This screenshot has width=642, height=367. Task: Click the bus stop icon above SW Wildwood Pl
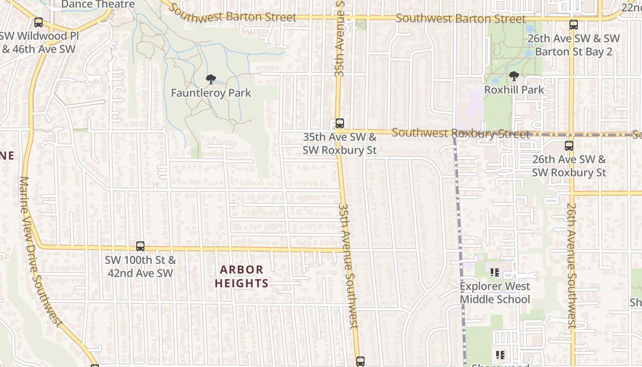click(39, 22)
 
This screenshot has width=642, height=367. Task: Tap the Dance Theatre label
click(98, 5)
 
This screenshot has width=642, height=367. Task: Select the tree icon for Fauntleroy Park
click(210, 80)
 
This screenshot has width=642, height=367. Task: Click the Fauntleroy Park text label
click(211, 93)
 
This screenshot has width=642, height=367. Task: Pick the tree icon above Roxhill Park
click(514, 77)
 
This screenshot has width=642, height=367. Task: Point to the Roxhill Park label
click(514, 90)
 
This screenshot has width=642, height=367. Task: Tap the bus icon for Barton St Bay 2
click(573, 25)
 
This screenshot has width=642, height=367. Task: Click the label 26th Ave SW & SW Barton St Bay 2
click(573, 45)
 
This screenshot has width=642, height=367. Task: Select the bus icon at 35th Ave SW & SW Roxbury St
click(339, 123)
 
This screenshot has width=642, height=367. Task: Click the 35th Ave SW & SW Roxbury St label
click(339, 144)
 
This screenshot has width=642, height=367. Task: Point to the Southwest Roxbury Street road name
click(461, 133)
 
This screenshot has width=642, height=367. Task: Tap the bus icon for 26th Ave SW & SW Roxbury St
click(569, 146)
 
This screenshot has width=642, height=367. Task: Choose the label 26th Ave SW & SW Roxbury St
click(569, 166)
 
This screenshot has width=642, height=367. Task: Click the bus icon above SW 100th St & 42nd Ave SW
click(140, 246)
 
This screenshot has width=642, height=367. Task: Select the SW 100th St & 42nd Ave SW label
click(140, 267)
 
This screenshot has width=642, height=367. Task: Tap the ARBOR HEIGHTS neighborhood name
click(242, 276)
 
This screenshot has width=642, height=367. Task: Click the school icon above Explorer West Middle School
click(495, 272)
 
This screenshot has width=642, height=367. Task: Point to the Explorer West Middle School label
click(495, 293)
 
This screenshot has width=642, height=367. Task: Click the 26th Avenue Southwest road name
click(571, 266)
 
